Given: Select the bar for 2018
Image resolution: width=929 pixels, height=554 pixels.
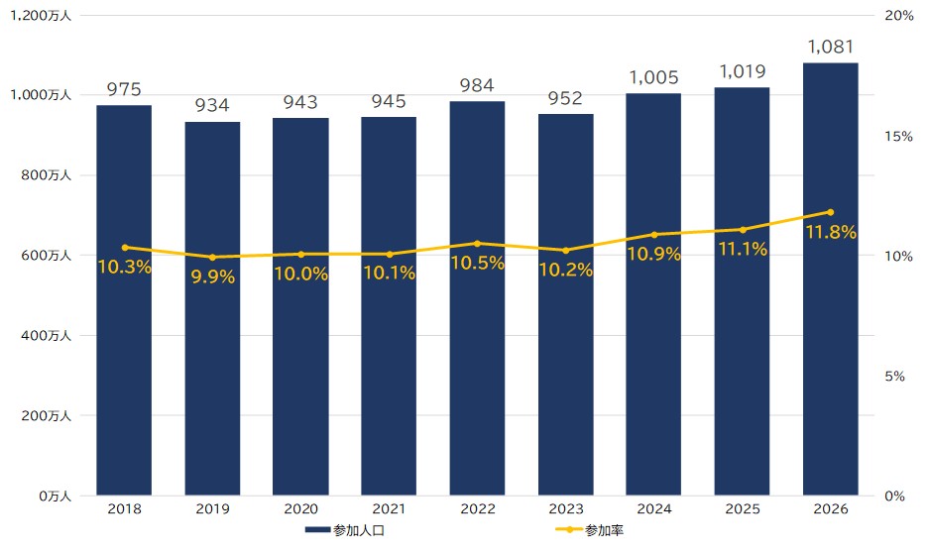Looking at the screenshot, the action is (x=124, y=300).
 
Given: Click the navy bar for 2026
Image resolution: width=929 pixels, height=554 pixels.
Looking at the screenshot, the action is (x=831, y=279).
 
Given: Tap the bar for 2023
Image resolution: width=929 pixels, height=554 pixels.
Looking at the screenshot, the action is (x=566, y=304).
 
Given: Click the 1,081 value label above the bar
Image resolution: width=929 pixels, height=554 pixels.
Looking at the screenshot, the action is (x=831, y=47).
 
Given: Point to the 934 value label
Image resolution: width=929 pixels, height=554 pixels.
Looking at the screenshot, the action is (x=212, y=105).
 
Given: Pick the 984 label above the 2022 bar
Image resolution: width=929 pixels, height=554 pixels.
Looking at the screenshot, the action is (x=477, y=85).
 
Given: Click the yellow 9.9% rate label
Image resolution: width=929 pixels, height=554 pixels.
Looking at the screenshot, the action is (x=213, y=277).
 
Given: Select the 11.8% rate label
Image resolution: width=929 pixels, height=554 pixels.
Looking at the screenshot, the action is (x=831, y=232).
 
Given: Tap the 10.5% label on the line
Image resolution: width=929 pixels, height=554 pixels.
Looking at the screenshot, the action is (x=478, y=263).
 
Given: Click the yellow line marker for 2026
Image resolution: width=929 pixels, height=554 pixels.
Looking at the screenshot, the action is (x=831, y=212).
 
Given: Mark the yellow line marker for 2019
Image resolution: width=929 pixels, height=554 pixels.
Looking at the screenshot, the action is (x=213, y=257).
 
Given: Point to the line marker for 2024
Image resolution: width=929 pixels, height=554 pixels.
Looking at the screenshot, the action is (x=654, y=235).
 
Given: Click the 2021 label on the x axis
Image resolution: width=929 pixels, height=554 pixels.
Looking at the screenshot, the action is (x=389, y=509).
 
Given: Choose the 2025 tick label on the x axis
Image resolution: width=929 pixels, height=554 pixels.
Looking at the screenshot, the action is (x=743, y=509).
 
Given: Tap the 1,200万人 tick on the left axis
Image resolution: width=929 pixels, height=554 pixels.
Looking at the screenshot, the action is (x=41, y=16).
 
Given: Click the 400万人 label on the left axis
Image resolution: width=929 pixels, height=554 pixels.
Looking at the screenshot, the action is (x=47, y=335).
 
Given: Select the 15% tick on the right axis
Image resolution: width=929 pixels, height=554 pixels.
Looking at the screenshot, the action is (x=899, y=137).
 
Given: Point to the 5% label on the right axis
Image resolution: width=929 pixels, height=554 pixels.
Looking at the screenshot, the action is (x=894, y=377).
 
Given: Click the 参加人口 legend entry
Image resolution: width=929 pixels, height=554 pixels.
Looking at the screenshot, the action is (x=345, y=530).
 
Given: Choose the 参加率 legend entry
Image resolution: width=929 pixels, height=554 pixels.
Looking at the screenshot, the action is (x=589, y=530).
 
